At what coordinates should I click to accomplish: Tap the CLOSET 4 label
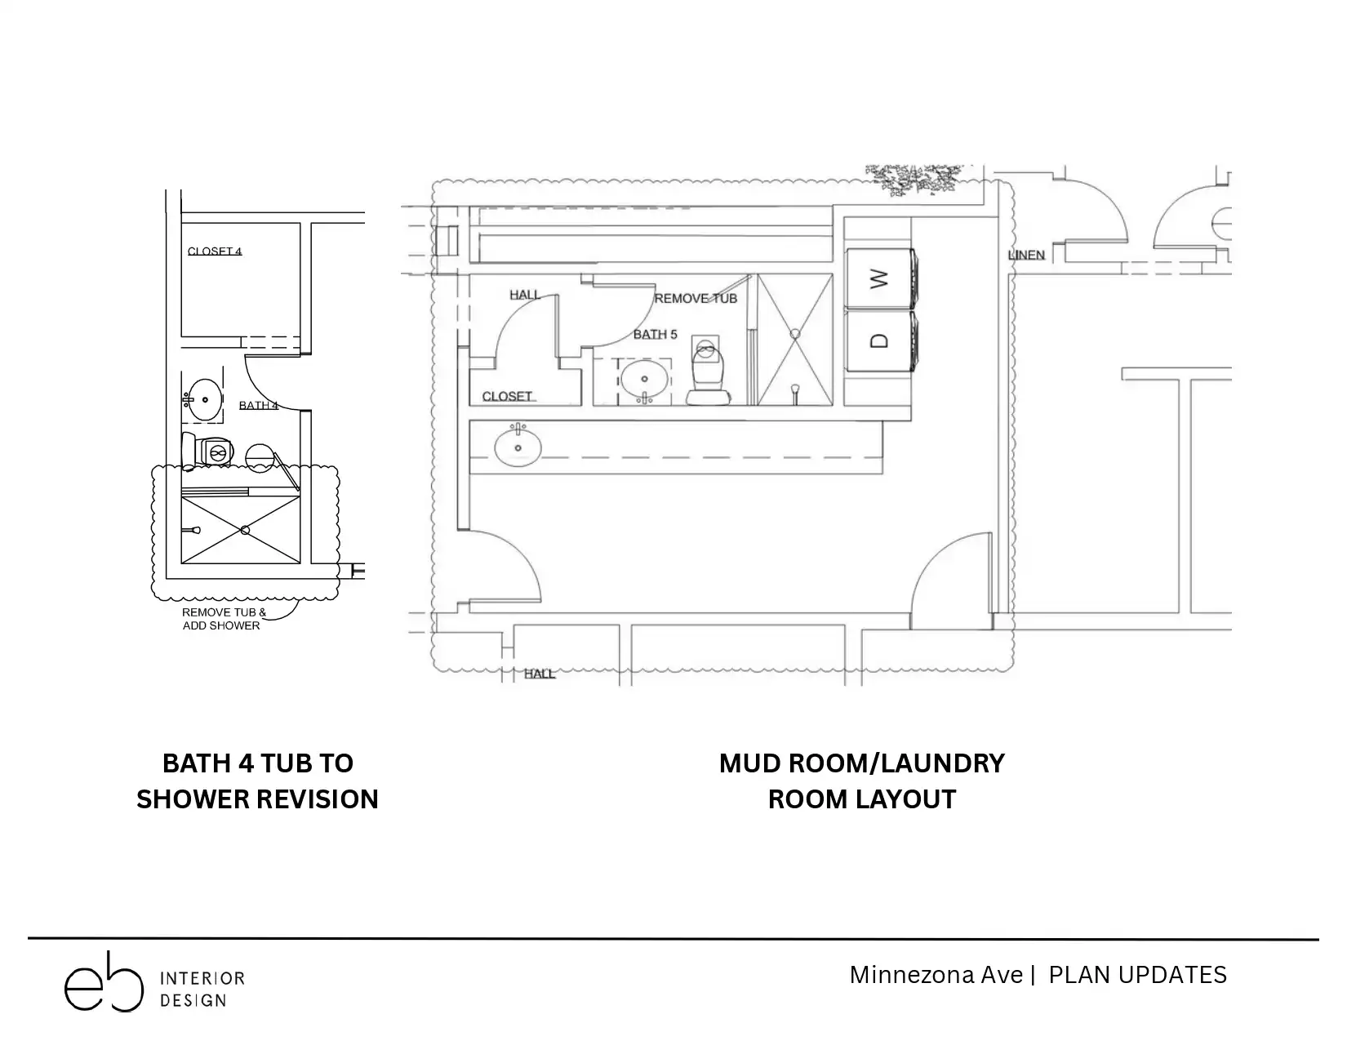click(x=215, y=251)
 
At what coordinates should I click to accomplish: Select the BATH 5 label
click(x=656, y=334)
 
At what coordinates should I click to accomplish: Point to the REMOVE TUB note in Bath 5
click(x=696, y=298)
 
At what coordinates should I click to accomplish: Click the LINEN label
click(x=1026, y=255)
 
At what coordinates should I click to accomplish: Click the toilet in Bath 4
click(x=207, y=450)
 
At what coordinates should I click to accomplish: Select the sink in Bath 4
click(x=204, y=400)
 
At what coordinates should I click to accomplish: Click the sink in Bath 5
click(x=645, y=380)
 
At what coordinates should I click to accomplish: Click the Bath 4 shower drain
click(x=245, y=530)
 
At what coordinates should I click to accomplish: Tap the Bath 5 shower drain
click(x=795, y=334)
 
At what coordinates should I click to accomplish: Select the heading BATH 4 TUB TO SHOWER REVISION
click(x=257, y=781)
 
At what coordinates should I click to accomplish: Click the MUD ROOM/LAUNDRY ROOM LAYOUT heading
click(x=861, y=781)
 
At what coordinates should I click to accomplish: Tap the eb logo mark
click(x=104, y=981)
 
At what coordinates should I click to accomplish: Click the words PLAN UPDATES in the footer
click(x=1137, y=976)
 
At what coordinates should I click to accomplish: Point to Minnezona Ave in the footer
click(x=936, y=976)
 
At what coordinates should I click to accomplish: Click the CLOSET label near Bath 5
click(x=507, y=396)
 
